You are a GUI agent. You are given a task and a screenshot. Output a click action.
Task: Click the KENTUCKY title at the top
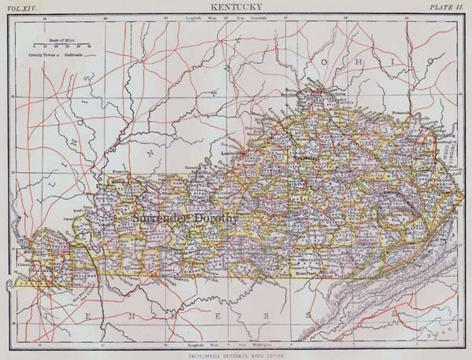click(x=236, y=7)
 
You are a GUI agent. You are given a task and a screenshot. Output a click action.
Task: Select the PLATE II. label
click(x=448, y=8)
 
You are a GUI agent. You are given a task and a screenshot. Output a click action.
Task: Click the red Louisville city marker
click(x=245, y=149)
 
